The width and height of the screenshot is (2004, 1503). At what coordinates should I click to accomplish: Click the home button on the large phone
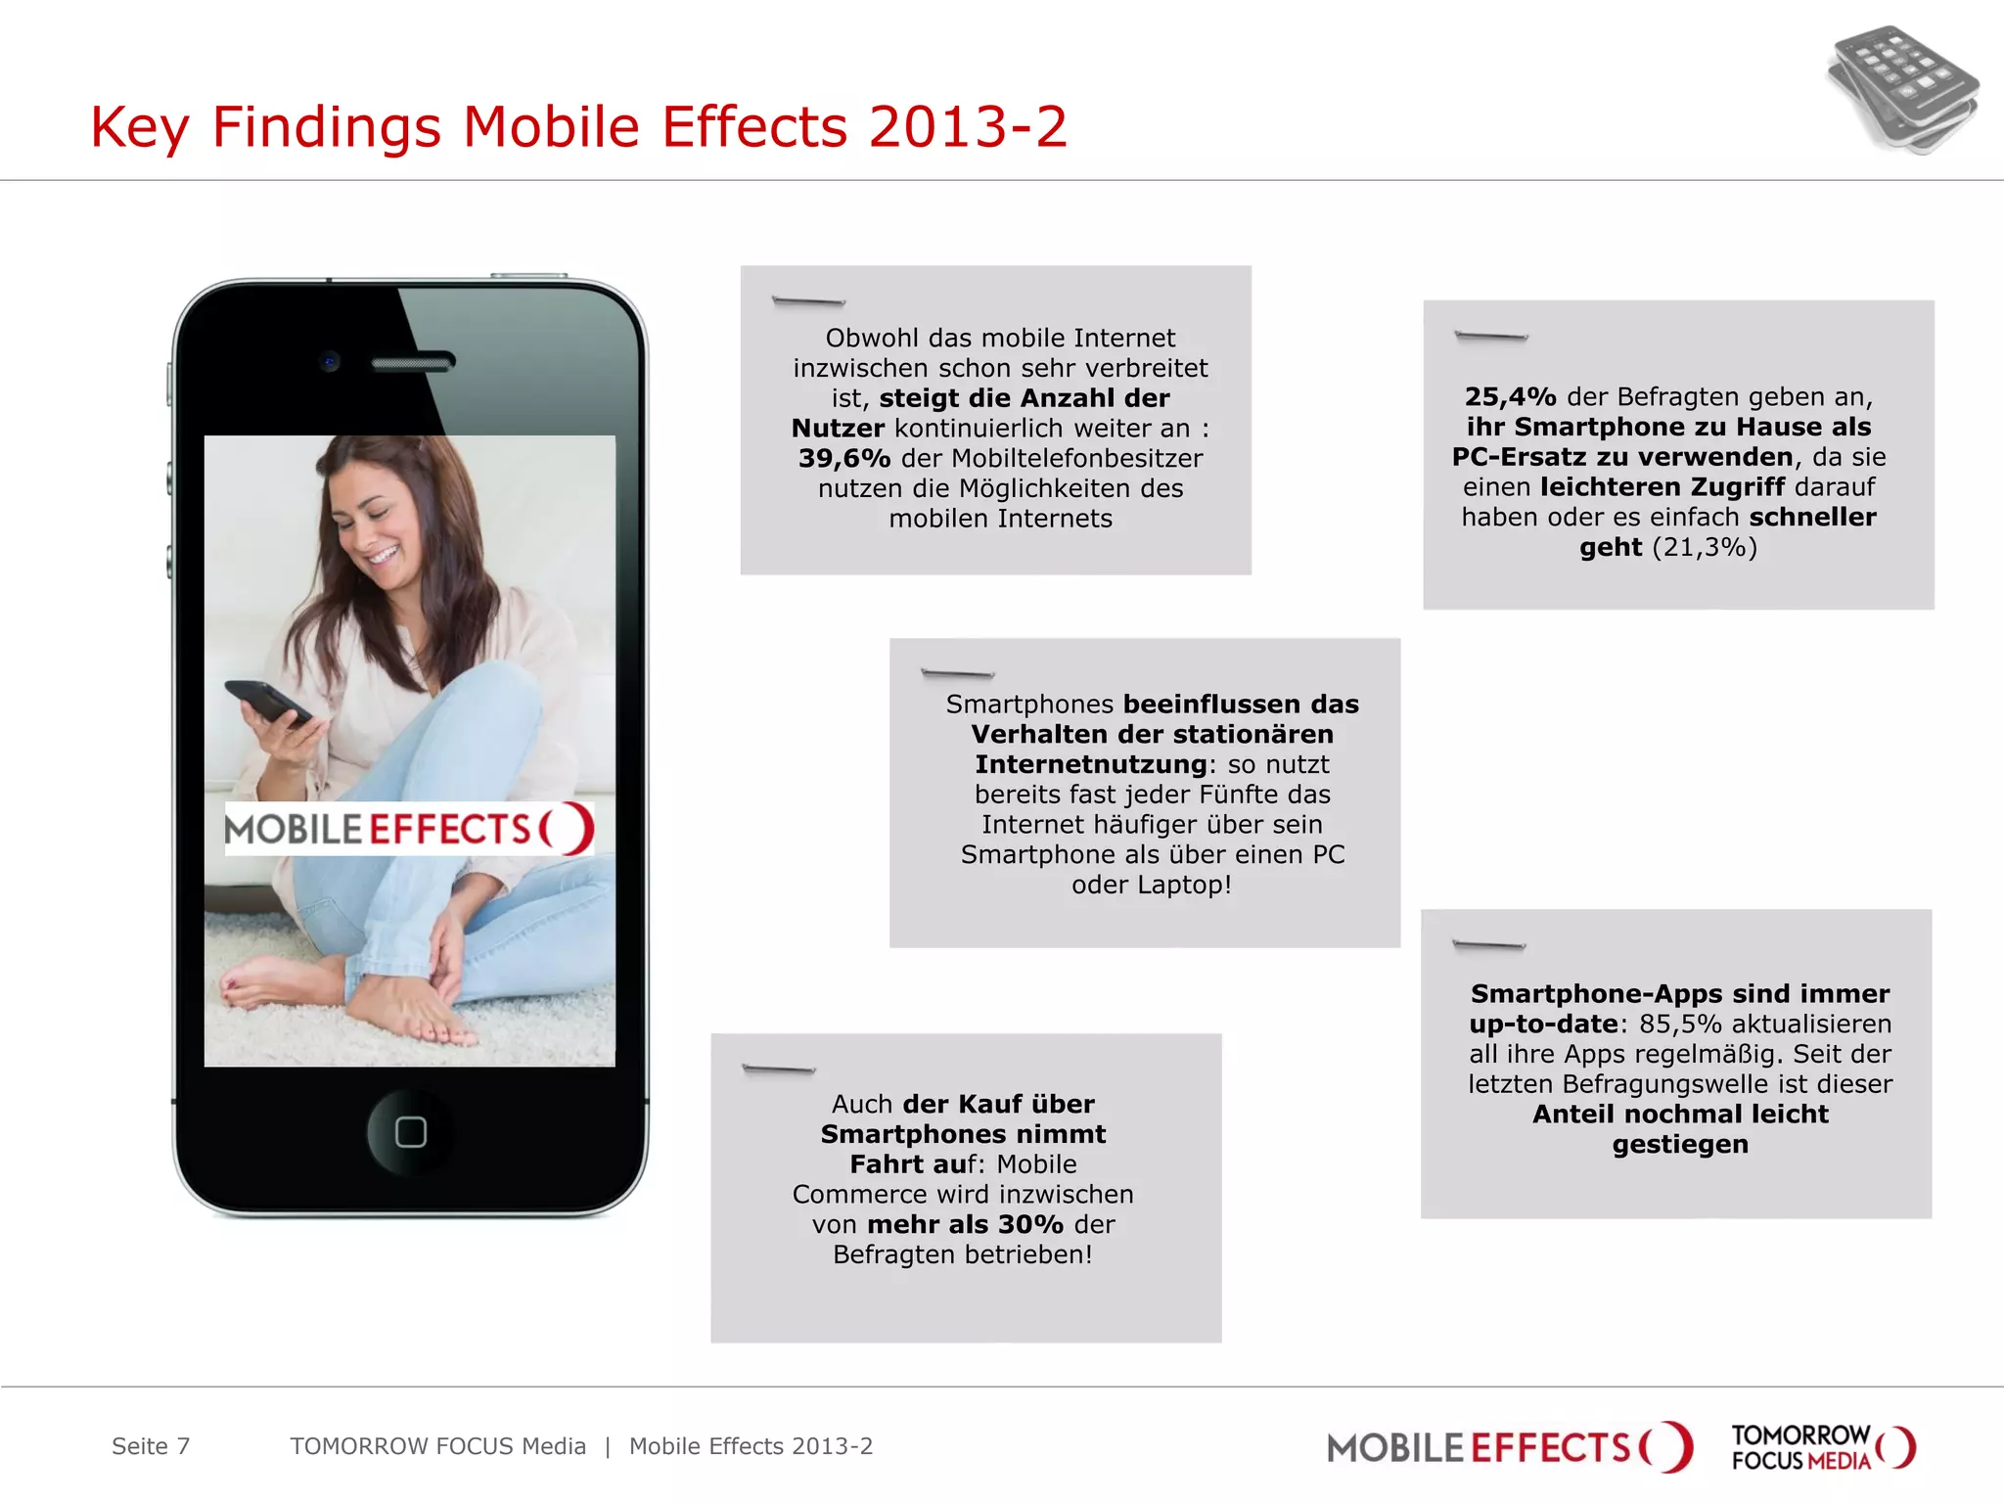coord(410,1131)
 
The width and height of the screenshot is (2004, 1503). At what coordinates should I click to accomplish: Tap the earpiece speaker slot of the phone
coord(412,364)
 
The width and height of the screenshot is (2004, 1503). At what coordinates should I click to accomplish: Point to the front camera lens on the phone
coord(330,362)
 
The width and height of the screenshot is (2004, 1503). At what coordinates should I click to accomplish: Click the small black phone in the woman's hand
coord(267,702)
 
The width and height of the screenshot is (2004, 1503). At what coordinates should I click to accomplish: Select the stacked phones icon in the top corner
coord(1902,89)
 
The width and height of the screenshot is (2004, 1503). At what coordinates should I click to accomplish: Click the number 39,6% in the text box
coord(843,458)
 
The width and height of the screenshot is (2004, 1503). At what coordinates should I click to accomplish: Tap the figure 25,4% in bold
coord(1510,396)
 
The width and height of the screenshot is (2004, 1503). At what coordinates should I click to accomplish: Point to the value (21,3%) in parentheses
coord(1705,547)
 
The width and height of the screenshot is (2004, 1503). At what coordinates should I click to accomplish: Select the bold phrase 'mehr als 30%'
coord(965,1224)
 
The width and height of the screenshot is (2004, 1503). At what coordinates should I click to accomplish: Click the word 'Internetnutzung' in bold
coord(1091,764)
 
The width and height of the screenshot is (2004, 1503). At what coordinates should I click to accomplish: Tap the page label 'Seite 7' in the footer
coord(151,1446)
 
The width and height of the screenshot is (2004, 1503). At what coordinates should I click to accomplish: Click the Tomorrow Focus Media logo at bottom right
coord(1823,1447)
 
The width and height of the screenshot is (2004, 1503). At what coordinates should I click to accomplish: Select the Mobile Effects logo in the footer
coord(1509,1447)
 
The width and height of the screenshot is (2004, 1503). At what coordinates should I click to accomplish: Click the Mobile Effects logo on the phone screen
coord(409,830)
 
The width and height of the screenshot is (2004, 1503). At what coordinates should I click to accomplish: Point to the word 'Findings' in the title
coord(327,127)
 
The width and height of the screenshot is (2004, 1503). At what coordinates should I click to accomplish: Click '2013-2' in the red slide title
coord(967,127)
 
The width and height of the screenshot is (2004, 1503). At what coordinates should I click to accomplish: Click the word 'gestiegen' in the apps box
coord(1680,1144)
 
